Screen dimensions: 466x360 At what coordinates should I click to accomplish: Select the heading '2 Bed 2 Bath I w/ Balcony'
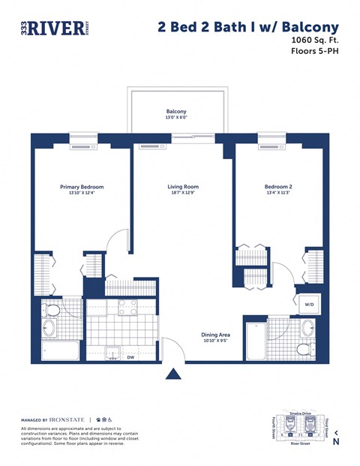coord(247,27)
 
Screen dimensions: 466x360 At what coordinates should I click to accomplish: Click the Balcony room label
coord(176,111)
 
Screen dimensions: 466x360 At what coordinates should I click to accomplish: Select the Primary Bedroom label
coord(82,187)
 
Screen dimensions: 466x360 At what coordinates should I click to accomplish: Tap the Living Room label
coord(182,187)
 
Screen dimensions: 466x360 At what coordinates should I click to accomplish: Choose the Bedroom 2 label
coord(278,187)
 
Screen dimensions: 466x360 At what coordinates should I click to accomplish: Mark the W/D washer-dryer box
coord(308,305)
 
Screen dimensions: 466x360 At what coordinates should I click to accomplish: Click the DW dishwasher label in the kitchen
coord(130,357)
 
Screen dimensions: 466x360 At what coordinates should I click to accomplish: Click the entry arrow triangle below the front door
coord(174,373)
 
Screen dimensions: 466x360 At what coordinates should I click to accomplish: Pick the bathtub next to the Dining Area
coord(255,341)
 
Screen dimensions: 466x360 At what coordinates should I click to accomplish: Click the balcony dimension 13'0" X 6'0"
coord(176,118)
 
